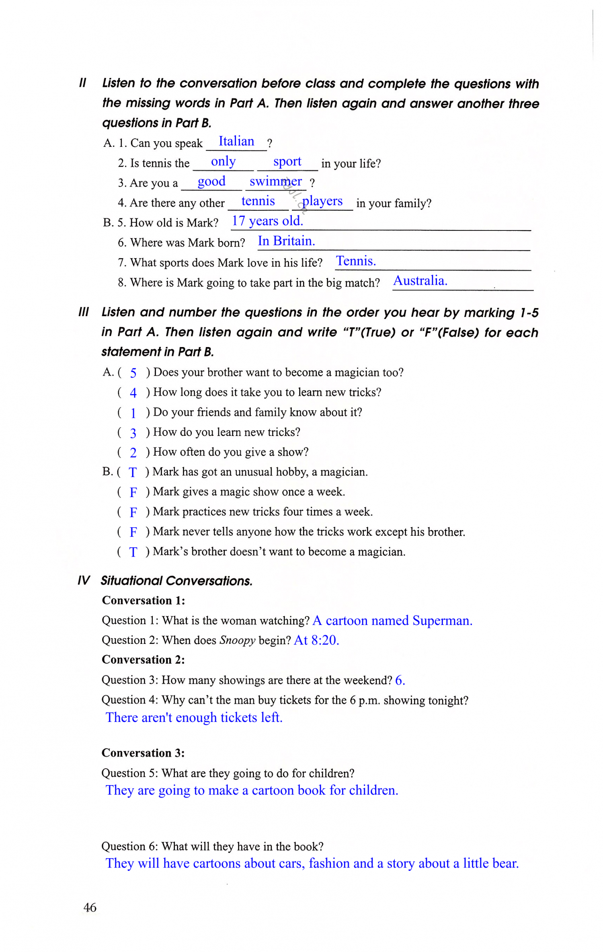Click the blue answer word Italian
236,142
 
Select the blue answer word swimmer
275,181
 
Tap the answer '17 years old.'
267,221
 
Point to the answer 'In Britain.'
286,241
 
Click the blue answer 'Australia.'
420,281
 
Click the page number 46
90,907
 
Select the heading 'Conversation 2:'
143,660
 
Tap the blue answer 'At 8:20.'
316,640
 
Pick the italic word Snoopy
237,640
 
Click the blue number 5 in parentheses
133,373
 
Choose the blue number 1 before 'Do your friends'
133,413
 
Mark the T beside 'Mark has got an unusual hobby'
133,472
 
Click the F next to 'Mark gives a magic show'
133,492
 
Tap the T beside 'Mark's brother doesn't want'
133,552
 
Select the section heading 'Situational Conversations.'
176,581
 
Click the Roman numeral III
83,312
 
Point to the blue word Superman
442,621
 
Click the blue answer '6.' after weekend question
400,680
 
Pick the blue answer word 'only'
223,162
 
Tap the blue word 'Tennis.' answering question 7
356,261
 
